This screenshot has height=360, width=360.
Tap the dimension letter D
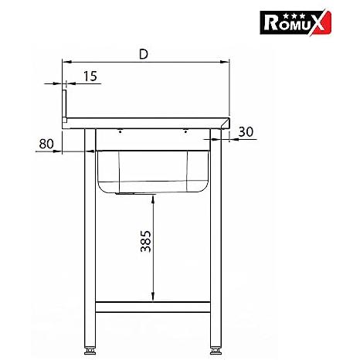[144, 54]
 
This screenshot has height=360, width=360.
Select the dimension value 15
[90, 76]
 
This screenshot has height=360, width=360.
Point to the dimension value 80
[46, 144]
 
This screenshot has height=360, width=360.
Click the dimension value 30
[246, 131]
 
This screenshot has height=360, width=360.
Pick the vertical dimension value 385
[145, 241]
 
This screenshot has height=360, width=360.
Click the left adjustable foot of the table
[90, 351]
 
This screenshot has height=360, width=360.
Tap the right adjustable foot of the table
[216, 351]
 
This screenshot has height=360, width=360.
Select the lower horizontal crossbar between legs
[153, 307]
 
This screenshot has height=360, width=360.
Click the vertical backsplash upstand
[64, 106]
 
